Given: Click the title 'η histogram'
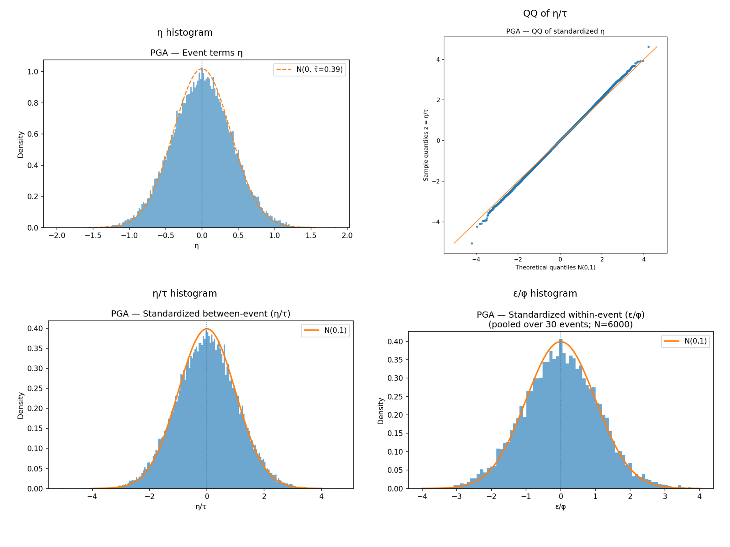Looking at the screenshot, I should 185,33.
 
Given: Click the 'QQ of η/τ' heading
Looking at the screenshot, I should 545,14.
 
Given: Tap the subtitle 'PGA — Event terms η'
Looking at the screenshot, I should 196,53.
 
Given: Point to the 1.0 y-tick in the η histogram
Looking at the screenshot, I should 33,72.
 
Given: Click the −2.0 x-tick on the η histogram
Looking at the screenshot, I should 57,235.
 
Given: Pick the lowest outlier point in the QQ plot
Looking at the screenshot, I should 472,244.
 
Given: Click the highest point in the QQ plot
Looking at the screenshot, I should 648,47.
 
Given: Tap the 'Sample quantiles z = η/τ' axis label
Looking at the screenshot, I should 426,145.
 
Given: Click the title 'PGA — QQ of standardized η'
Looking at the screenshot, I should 555,31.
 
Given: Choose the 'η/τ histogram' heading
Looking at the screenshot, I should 185,294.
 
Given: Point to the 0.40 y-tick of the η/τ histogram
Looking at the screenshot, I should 35,329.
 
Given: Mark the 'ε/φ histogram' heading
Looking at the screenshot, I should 545,294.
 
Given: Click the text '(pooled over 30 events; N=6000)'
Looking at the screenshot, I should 560,325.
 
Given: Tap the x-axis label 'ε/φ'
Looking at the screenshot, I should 560,506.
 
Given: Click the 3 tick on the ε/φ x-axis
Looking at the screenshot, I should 665,496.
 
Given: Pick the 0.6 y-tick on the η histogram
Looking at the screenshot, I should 33,134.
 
